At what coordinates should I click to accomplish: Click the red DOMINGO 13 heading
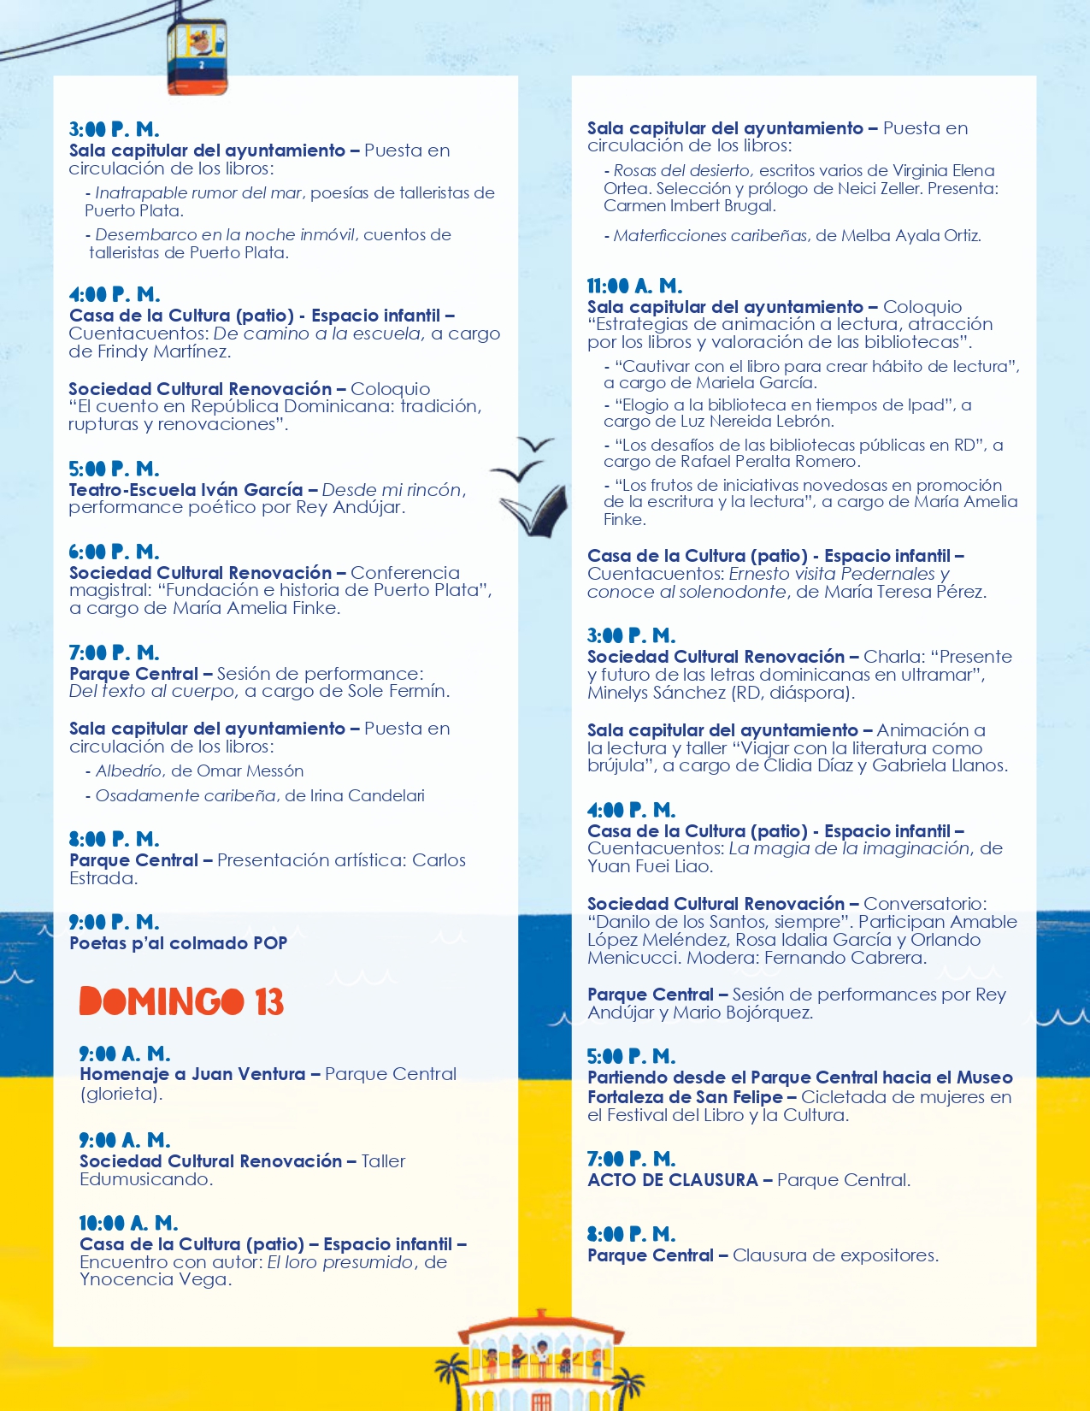tap(181, 1001)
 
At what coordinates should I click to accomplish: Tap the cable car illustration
tap(197, 56)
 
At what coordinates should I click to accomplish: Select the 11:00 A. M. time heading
tap(634, 286)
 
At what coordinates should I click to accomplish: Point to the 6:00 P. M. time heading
tap(114, 552)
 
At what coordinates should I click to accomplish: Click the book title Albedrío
tap(131, 771)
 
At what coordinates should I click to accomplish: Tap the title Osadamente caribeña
tap(186, 796)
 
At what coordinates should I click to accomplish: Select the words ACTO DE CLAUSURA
tap(673, 1180)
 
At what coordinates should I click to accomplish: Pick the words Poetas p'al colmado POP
tap(178, 943)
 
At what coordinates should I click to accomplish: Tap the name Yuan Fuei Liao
tap(650, 866)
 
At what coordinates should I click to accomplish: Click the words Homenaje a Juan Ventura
tap(192, 1074)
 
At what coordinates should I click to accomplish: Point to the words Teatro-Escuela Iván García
tap(186, 490)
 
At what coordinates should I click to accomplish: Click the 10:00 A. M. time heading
tap(128, 1223)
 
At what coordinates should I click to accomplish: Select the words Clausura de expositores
tap(835, 1255)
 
